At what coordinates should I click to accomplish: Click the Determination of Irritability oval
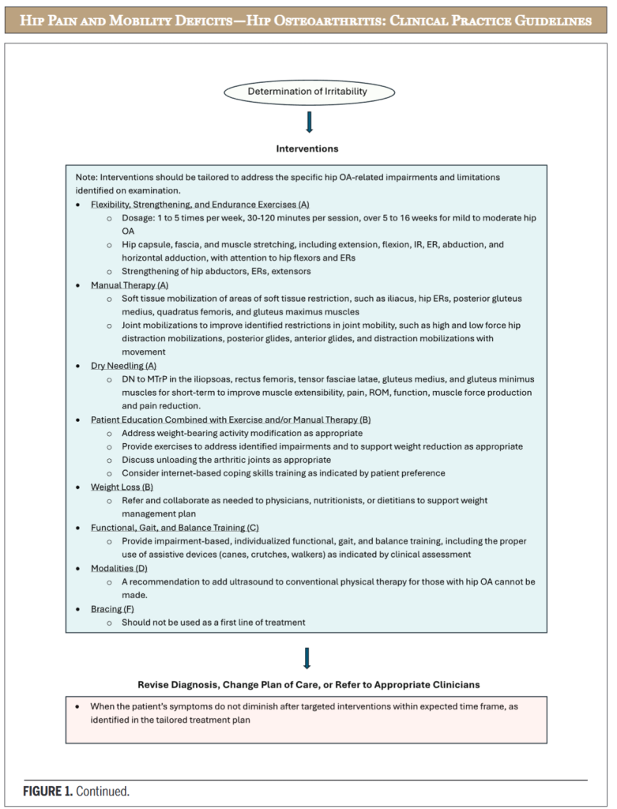pos(307,92)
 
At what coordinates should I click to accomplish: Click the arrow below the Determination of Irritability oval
pos(308,122)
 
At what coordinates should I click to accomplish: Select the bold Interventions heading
pos(307,148)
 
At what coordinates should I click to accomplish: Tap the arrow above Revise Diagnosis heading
pos(307,658)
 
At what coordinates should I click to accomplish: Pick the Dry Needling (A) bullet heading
pos(123,366)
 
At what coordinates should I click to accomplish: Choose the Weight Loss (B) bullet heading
pos(122,487)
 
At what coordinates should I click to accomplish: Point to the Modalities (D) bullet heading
pos(119,568)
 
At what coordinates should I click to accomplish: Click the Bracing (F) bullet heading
pos(112,609)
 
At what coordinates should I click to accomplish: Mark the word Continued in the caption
pos(104,789)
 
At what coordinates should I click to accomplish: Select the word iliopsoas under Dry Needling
pos(207,379)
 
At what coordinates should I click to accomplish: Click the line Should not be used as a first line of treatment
pos(213,623)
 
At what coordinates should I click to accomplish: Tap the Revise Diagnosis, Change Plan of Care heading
pos(307,683)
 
